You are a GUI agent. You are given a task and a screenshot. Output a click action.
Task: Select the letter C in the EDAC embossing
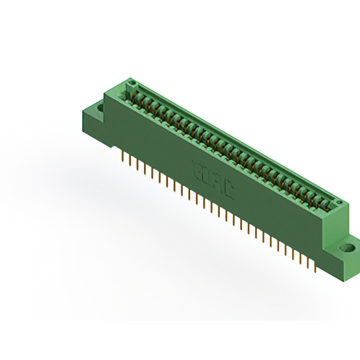click(229, 190)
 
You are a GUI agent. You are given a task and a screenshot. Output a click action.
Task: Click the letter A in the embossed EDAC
click(219, 183)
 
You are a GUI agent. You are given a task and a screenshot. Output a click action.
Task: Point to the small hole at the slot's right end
click(338, 202)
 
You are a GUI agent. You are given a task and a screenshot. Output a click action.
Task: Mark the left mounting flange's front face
click(93, 127)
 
